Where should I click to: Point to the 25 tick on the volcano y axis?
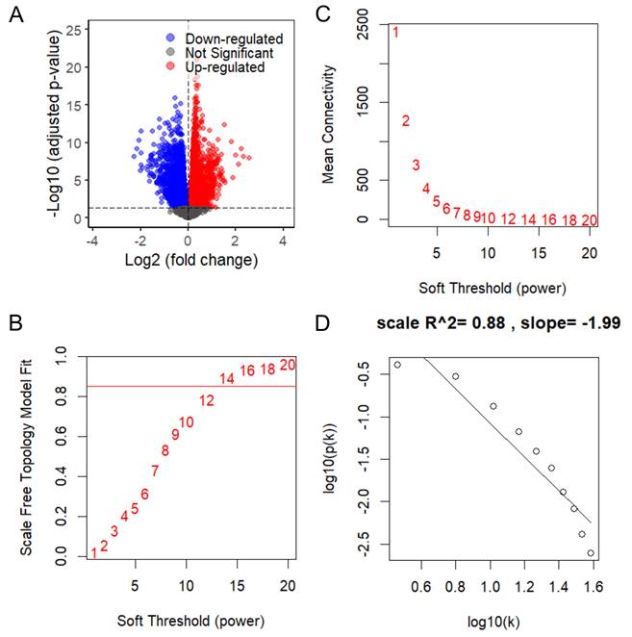tap(73, 30)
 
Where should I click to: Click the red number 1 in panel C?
tap(395, 34)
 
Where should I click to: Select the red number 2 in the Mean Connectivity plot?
tap(406, 121)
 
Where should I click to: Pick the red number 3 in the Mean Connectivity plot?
tap(416, 166)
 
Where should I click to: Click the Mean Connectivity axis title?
tap(330, 124)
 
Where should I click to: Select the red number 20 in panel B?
tap(288, 366)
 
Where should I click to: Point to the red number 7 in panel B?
tap(155, 471)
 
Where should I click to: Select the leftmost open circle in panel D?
tap(397, 365)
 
